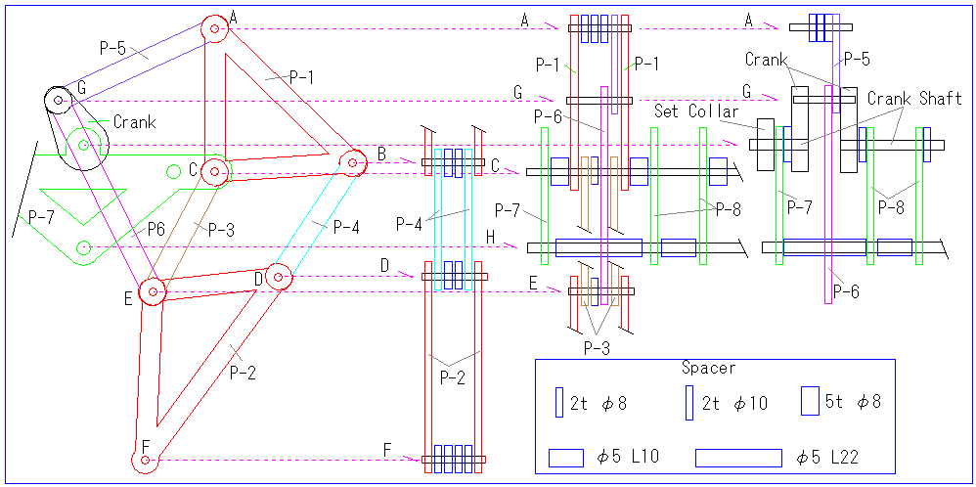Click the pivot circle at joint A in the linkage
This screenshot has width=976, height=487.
214,28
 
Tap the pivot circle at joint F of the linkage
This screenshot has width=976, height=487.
145,461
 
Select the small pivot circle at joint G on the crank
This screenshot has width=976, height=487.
58,100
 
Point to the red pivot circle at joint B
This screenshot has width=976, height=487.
352,163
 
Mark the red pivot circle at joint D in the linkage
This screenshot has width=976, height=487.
278,277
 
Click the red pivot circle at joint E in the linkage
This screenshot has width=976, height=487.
152,290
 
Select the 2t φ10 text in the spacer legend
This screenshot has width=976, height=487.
734,404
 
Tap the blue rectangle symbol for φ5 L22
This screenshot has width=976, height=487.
738,458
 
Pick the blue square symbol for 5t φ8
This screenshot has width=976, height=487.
810,401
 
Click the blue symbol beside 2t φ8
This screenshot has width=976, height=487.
558,402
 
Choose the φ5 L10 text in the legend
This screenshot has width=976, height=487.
628,458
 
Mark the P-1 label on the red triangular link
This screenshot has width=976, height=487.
301,78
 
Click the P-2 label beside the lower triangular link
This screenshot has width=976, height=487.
242,372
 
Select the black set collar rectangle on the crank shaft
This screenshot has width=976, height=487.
765,145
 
